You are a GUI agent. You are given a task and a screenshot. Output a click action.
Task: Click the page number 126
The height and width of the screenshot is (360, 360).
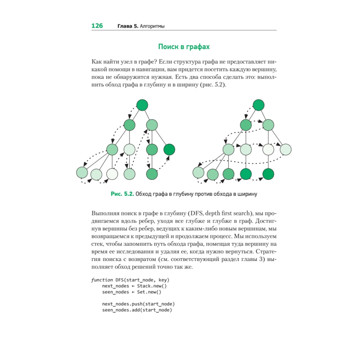[97, 26]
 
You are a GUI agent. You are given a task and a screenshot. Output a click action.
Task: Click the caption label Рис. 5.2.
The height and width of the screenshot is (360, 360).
[122, 194]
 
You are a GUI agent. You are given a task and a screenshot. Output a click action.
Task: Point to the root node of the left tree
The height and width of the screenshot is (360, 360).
[143, 105]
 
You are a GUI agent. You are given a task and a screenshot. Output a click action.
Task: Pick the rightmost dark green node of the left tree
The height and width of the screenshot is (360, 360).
[169, 149]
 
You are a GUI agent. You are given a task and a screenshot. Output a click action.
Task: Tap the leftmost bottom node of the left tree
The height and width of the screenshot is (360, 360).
[82, 172]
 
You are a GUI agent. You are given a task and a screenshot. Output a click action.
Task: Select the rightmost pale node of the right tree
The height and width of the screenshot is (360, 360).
[285, 149]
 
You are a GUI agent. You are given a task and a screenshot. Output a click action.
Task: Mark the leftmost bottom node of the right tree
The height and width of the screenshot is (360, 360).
[198, 172]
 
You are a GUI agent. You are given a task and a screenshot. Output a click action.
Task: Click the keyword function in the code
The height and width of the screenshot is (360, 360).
[102, 280]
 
